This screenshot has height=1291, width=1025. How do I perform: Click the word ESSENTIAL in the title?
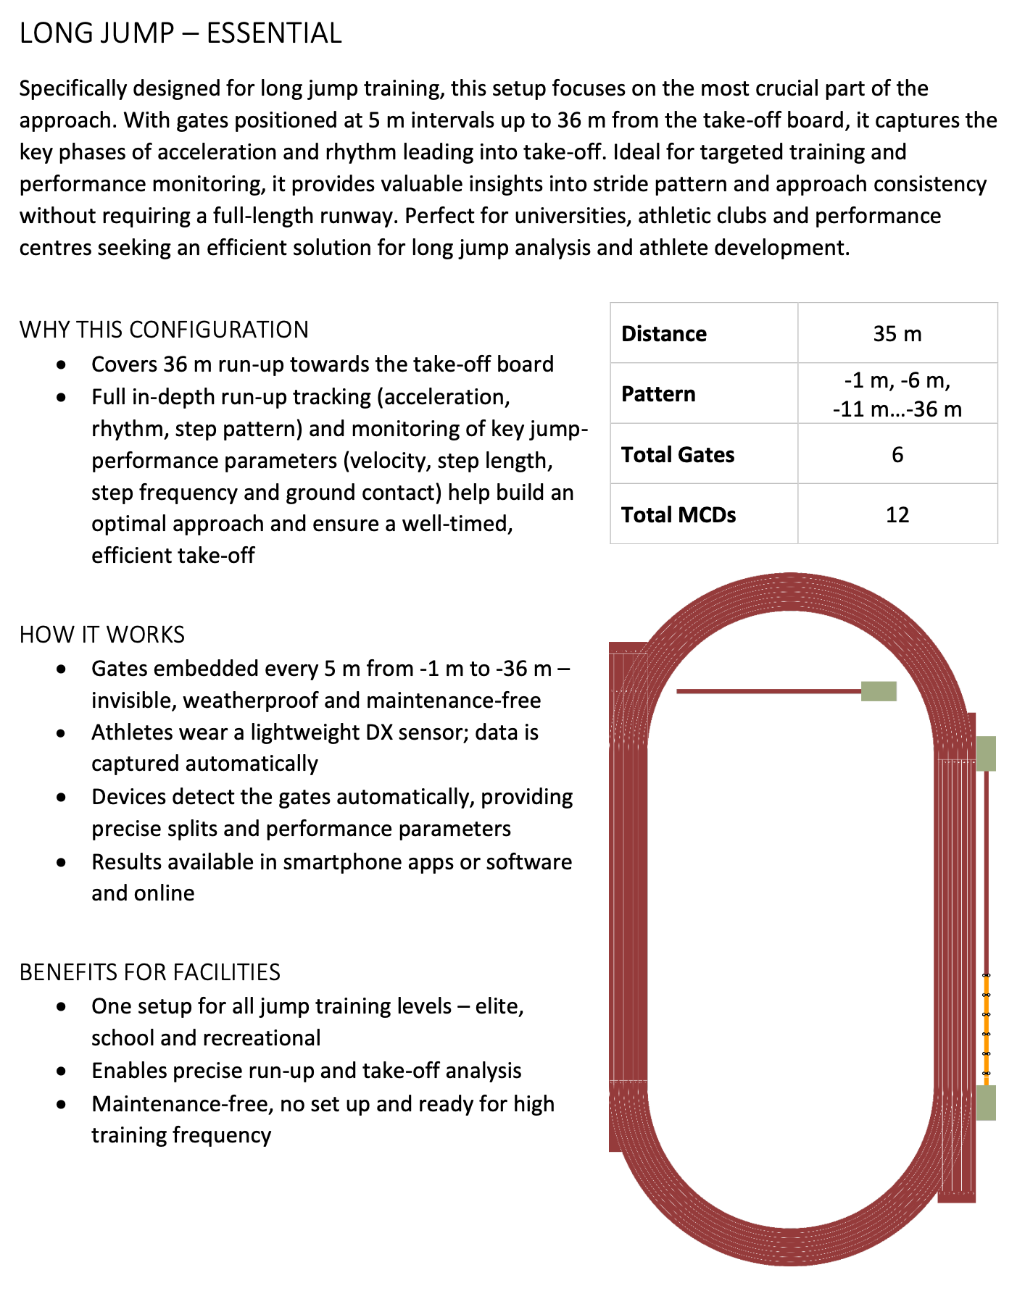[x=274, y=33]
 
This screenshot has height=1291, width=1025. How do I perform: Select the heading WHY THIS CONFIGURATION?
[x=164, y=330]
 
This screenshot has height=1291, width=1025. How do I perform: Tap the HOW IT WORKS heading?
[x=102, y=635]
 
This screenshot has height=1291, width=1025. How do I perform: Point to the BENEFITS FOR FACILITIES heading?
[x=150, y=972]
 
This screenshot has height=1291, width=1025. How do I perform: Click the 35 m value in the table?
[x=897, y=334]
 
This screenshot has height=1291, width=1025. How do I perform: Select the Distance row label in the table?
[x=664, y=334]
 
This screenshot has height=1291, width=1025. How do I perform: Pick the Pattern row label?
[x=658, y=394]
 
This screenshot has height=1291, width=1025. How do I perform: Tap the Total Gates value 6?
[x=897, y=455]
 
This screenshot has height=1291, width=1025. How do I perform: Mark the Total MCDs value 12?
[x=897, y=515]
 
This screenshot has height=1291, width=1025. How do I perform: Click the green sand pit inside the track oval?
[x=879, y=691]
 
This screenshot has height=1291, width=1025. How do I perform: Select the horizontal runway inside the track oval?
[x=768, y=691]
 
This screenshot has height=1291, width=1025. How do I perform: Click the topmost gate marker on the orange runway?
[x=986, y=976]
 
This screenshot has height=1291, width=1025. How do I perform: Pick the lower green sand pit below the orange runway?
[x=986, y=1103]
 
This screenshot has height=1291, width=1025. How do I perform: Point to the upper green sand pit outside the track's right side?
[x=986, y=753]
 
